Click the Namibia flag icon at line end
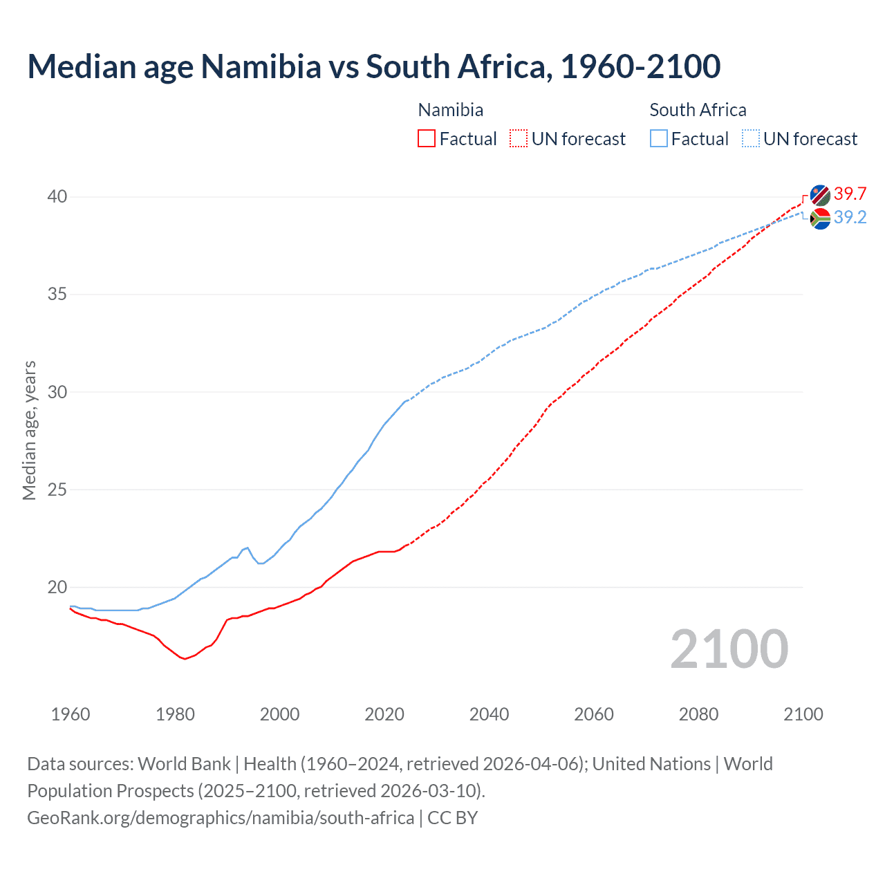pyautogui.click(x=820, y=195)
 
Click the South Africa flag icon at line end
pyautogui.click(x=820, y=218)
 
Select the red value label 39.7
pyautogui.click(x=850, y=194)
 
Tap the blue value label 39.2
pyautogui.click(x=850, y=218)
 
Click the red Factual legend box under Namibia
pyautogui.click(x=427, y=139)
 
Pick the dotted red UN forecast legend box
pyautogui.click(x=519, y=139)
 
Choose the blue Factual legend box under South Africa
pyautogui.click(x=659, y=139)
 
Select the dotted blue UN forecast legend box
pyautogui.click(x=751, y=139)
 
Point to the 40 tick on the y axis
pyautogui.click(x=57, y=197)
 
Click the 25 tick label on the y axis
pyautogui.click(x=57, y=490)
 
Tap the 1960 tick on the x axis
pyautogui.click(x=71, y=714)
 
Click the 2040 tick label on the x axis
pyautogui.click(x=489, y=714)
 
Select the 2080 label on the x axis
pyautogui.click(x=698, y=714)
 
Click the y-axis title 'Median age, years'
pyautogui.click(x=29, y=430)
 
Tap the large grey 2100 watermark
pyautogui.click(x=729, y=649)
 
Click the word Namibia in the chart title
pyautogui.click(x=261, y=66)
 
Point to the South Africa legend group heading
pyautogui.click(x=698, y=110)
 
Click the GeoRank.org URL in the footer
pyautogui.click(x=221, y=818)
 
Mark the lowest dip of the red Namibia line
pyautogui.click(x=185, y=659)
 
